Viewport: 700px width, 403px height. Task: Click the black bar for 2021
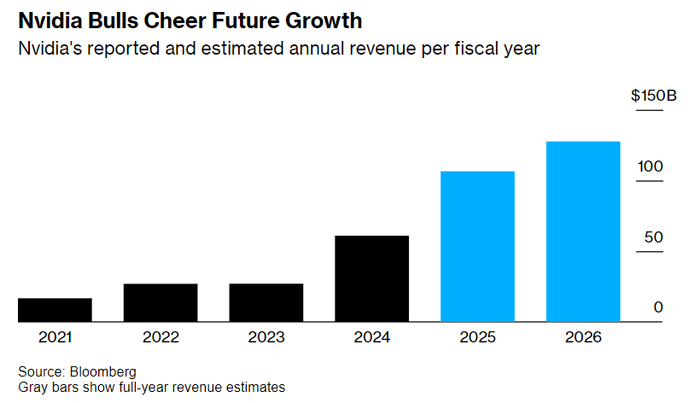[55, 310]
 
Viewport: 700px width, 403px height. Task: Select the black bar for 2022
[160, 302]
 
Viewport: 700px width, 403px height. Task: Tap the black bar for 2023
[266, 302]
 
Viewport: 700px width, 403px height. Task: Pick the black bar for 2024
[372, 278]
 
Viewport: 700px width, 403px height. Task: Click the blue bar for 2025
[477, 247]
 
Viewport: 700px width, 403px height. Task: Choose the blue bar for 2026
[583, 231]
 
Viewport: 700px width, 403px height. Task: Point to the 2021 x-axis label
[55, 337]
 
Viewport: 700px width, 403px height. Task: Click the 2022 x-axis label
[160, 337]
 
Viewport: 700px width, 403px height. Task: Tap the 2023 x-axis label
[266, 337]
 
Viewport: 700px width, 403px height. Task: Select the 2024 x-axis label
[372, 337]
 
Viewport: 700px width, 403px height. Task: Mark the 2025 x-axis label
[477, 337]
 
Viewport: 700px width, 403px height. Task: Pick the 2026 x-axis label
[583, 337]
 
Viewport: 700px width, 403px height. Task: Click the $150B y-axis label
[653, 96]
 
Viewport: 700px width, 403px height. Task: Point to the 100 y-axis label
[650, 166]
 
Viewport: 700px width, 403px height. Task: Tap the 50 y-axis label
[653, 237]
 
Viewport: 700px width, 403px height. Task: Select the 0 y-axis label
[658, 307]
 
